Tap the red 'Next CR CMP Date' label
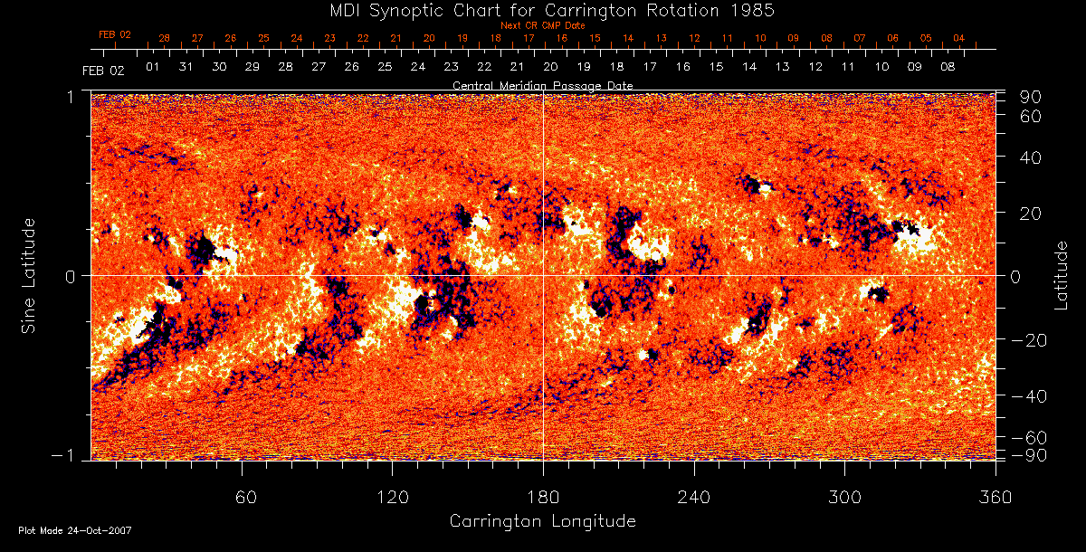click(542, 25)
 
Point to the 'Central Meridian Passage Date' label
click(542, 85)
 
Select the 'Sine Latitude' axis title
click(29, 274)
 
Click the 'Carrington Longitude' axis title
click(542, 521)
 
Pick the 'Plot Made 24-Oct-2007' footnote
click(74, 530)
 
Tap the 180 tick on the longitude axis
click(543, 497)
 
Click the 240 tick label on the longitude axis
click(694, 497)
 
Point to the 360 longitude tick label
click(995, 497)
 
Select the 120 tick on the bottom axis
click(392, 497)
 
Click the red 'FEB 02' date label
click(115, 34)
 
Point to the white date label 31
click(186, 67)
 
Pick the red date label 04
click(958, 39)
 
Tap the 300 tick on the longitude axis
click(844, 497)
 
